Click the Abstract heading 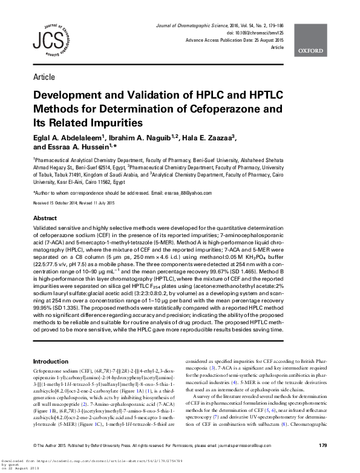[x=45, y=218]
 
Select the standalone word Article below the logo [x=44, y=77]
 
